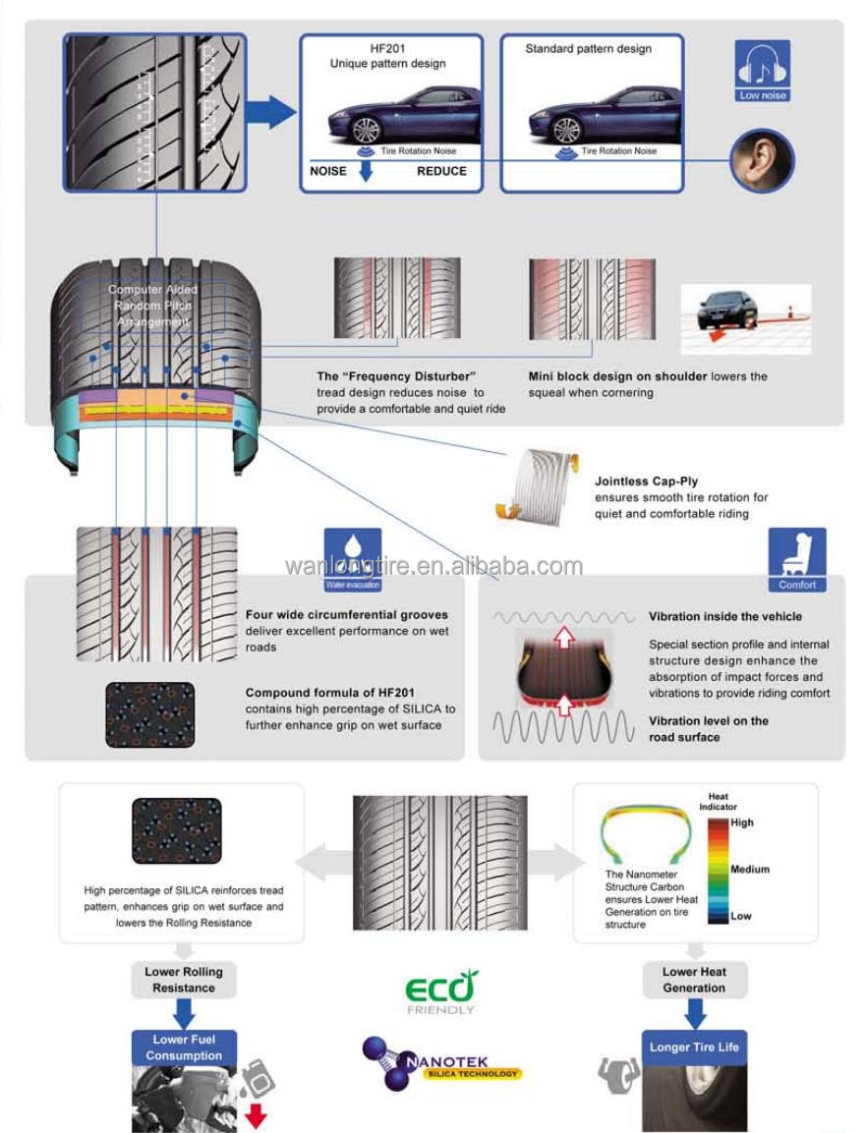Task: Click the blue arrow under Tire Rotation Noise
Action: pos(367,171)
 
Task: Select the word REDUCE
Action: pos(441,171)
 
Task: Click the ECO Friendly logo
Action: pos(441,990)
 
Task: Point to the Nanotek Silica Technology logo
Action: pos(441,1063)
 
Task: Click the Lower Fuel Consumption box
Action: pos(184,1048)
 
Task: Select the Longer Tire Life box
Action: pos(694,1048)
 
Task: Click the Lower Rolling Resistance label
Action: pos(184,980)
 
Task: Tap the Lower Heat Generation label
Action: pos(694,980)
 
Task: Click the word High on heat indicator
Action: pos(742,822)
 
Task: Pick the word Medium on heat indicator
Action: pos(750,870)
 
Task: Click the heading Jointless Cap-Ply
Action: pos(646,482)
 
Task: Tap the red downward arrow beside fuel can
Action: pos(256,1113)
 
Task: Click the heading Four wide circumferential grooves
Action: pos(346,615)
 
